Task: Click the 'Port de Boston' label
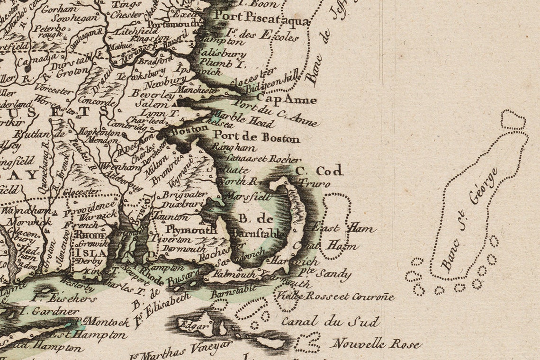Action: (256, 139)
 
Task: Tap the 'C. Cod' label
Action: (319, 171)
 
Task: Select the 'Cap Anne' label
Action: (286, 100)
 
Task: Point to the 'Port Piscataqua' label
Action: (261, 18)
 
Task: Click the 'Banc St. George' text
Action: (469, 219)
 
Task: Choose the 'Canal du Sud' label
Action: (330, 322)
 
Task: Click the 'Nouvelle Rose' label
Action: (376, 343)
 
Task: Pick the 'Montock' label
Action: (107, 322)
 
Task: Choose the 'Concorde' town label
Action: (96, 100)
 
